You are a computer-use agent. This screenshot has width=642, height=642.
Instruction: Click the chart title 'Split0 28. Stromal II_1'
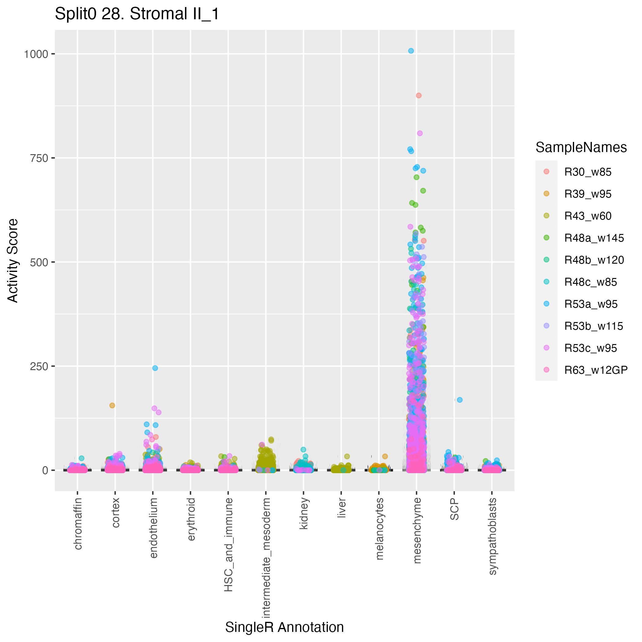pos(137,14)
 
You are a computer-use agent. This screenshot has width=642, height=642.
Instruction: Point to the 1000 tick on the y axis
pos(36,54)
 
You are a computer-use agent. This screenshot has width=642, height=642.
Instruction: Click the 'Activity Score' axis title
pos(13,261)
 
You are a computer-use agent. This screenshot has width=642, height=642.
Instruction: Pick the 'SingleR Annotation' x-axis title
pos(284,627)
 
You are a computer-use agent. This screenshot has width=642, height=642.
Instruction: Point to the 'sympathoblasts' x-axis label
pos(492,536)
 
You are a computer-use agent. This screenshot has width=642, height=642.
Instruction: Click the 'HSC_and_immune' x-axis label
pos(228,545)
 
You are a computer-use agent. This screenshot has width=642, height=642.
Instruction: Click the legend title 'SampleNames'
pos(581,147)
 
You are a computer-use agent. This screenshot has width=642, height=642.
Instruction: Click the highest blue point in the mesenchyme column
pos(411,51)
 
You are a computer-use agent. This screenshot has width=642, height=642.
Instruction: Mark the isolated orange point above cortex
pos(112,405)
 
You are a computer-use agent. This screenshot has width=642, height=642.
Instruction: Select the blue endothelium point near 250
pos(155,368)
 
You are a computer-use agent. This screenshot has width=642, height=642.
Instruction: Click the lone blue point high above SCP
pos(460,400)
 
